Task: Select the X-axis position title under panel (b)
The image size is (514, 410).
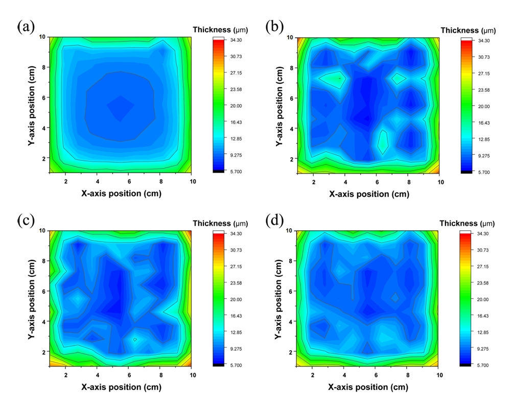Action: (x=369, y=194)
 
